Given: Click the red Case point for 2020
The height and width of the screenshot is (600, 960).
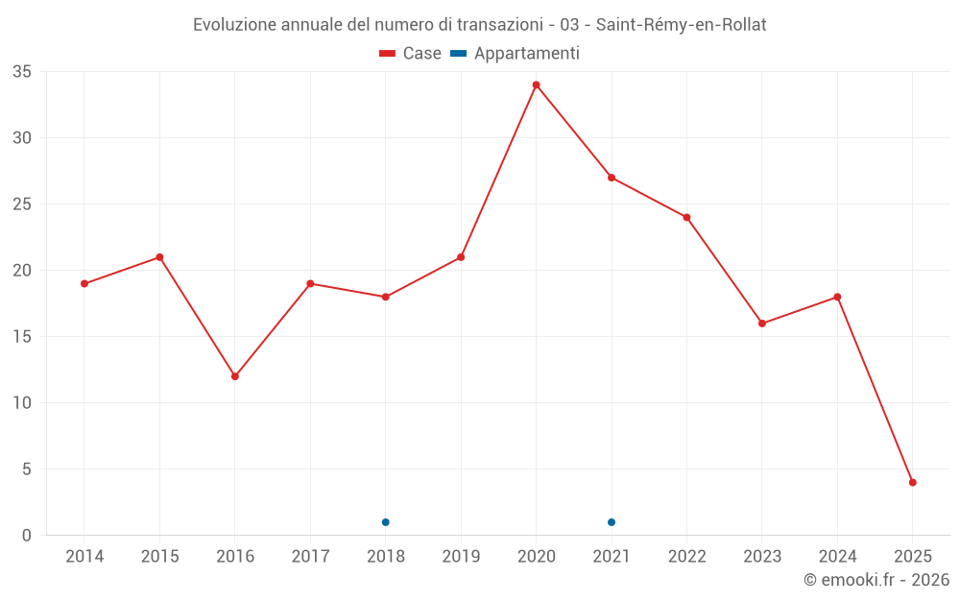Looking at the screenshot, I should point(536,84).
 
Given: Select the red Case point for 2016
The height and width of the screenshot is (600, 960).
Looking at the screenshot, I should point(235,376).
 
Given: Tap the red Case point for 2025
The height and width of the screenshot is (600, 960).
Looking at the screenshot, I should point(913,482).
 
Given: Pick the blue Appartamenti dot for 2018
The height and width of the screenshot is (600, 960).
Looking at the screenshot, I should point(386,522).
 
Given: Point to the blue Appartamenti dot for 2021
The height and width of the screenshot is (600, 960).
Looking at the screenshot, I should point(612,522).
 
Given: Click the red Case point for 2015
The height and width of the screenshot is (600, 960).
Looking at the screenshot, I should point(159,257).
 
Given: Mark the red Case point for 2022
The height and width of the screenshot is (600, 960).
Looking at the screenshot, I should point(686,217).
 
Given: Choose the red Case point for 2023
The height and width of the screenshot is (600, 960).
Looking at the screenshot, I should point(762,324).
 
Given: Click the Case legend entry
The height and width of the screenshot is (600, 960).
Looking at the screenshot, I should point(411,54).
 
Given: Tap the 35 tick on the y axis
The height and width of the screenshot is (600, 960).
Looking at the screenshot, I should point(22,72).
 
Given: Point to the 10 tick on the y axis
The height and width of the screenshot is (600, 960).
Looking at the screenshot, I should point(22,403).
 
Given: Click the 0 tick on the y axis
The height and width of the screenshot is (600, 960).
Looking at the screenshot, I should point(27,536).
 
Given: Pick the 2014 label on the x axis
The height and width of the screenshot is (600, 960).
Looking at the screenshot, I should point(84,557).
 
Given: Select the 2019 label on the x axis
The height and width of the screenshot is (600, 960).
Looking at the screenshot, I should point(461,557).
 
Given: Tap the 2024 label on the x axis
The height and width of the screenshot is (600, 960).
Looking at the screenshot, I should point(837,557).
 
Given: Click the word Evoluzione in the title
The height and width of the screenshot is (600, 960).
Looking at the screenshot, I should point(233,25).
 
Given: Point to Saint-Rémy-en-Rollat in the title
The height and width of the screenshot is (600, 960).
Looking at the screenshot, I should point(681,25).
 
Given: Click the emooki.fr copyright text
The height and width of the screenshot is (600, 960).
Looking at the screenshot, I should point(876,580).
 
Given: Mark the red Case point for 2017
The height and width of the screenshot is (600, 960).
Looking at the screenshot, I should point(310,283).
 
